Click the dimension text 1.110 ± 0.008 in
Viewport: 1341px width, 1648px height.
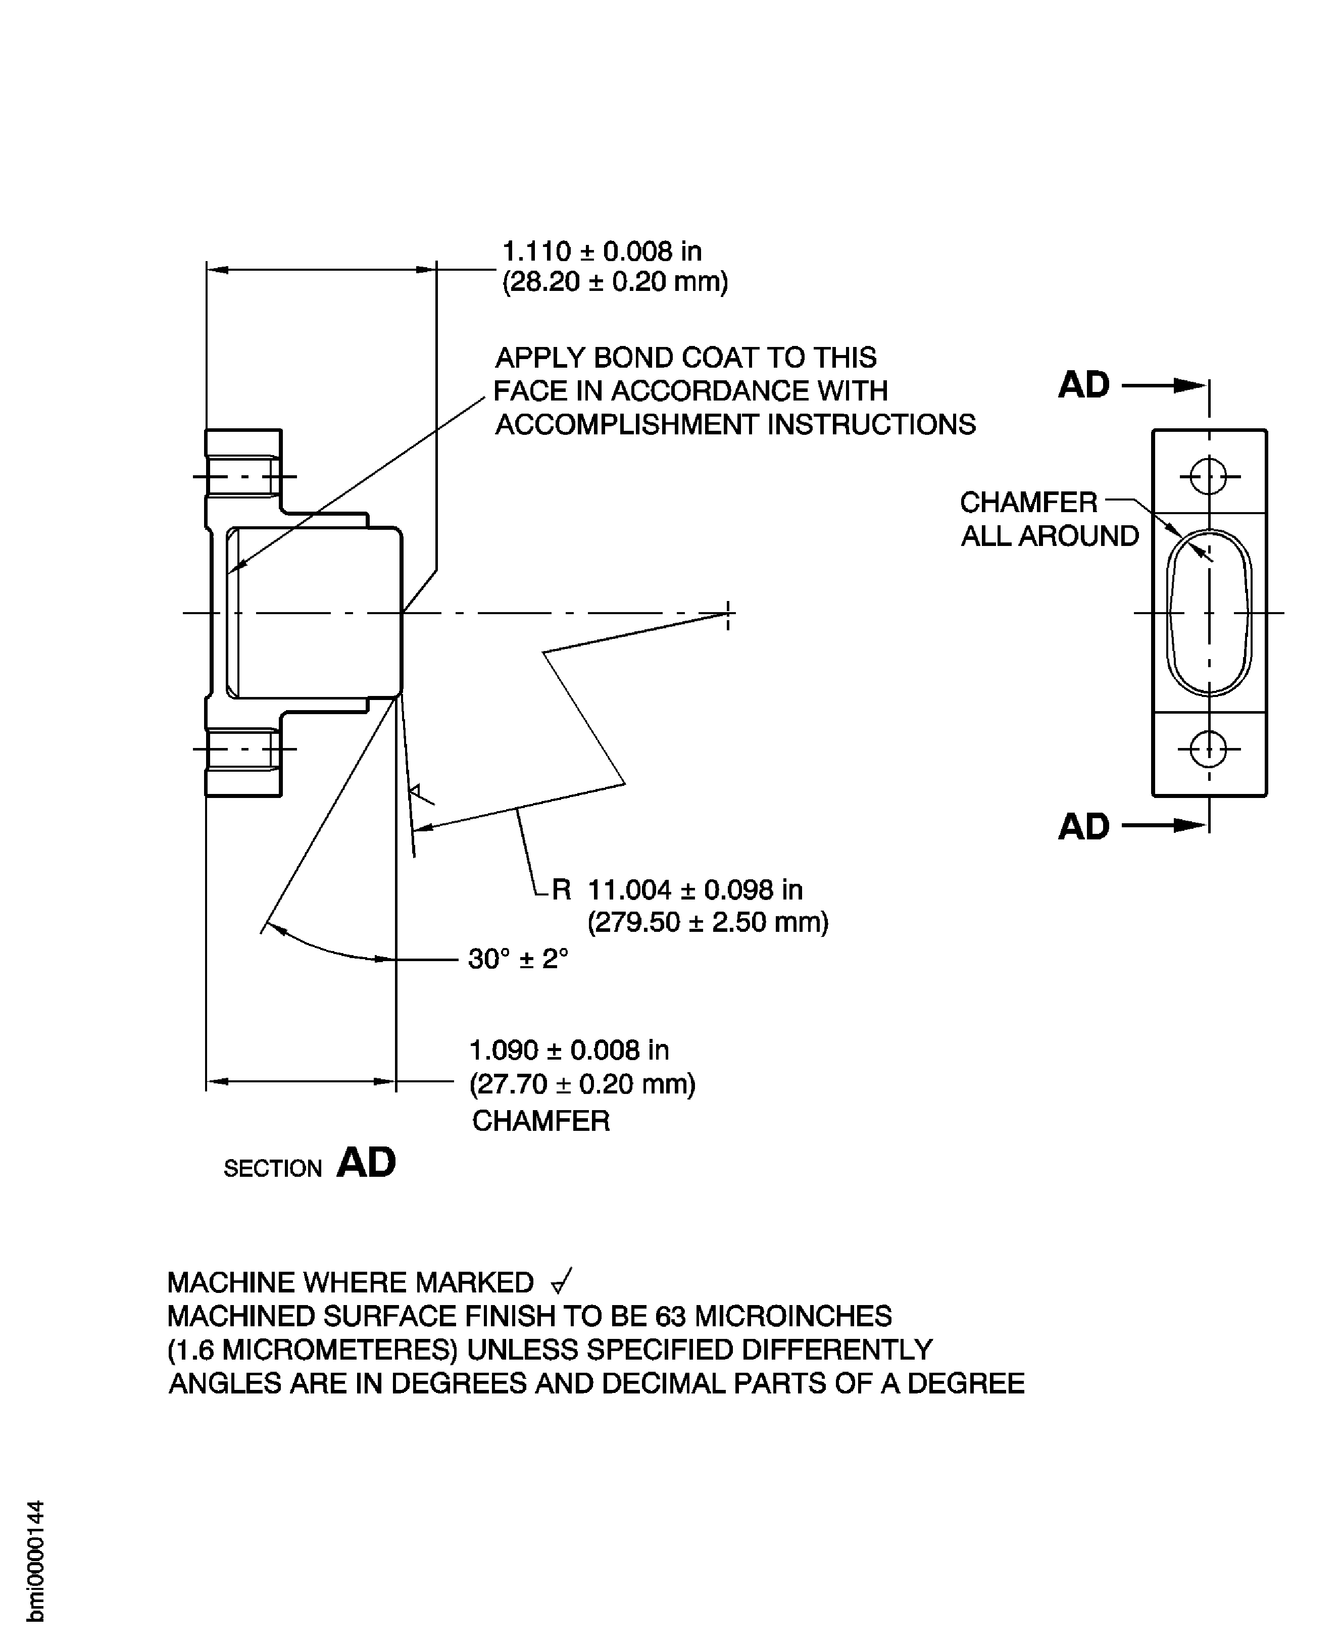[x=602, y=251]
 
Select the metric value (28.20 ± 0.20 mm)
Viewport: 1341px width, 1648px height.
[x=615, y=282]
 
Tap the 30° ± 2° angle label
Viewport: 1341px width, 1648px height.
[x=518, y=959]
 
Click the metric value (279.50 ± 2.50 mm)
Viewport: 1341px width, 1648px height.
[x=708, y=922]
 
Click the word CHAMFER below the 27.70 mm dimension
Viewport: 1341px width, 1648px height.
[x=541, y=1121]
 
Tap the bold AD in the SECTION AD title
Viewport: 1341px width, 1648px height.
[x=366, y=1162]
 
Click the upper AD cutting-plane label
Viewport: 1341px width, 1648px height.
[x=1084, y=384]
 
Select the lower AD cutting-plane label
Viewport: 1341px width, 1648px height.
[x=1084, y=826]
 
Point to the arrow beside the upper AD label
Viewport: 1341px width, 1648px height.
[x=1163, y=384]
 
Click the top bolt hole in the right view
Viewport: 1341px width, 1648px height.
[x=1209, y=476]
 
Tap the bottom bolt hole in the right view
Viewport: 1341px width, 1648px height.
[x=1209, y=748]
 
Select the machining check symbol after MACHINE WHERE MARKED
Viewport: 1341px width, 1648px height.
[x=562, y=1282]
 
